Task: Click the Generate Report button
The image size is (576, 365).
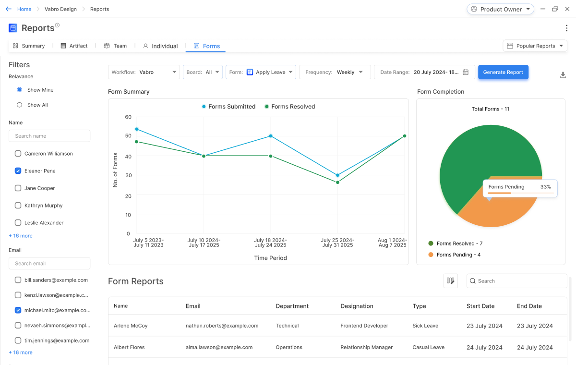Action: (x=503, y=72)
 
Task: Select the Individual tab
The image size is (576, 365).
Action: (x=160, y=46)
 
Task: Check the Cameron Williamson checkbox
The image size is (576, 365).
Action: (x=18, y=154)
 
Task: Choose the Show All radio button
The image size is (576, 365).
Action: (x=20, y=105)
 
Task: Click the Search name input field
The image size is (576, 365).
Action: (x=49, y=136)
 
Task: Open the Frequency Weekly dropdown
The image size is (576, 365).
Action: (x=335, y=72)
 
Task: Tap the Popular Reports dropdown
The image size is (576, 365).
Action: (x=535, y=46)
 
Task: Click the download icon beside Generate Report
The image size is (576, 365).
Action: (x=563, y=75)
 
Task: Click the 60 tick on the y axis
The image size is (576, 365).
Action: (x=128, y=117)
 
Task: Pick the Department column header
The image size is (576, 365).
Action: (x=292, y=306)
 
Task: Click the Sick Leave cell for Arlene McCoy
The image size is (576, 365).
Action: (x=425, y=326)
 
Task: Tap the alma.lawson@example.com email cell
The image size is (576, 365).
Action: (x=219, y=347)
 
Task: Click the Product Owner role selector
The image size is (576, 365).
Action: (x=500, y=9)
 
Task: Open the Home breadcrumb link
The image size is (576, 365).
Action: (x=24, y=9)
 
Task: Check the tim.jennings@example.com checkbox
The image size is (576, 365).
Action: (x=18, y=341)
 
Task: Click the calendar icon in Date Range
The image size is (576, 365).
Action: (x=465, y=72)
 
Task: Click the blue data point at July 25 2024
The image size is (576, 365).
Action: (x=338, y=175)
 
